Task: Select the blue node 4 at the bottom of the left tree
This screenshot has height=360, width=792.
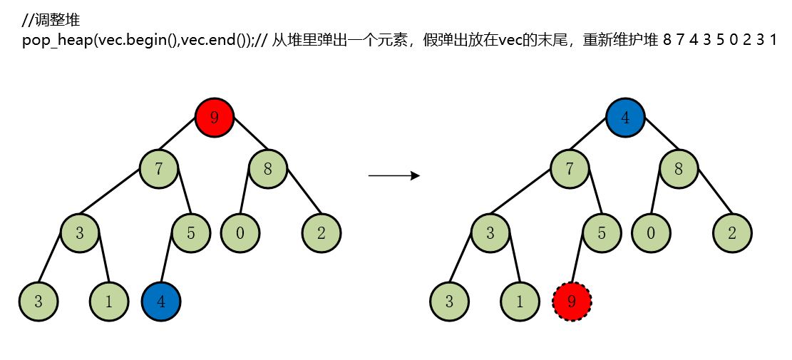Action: [162, 301]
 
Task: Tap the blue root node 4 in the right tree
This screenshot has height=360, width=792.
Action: [625, 118]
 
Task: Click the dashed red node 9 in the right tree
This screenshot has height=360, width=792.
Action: [572, 301]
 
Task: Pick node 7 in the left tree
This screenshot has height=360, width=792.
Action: [159, 170]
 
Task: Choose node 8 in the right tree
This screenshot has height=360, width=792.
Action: [679, 170]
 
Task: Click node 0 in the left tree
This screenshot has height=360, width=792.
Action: [240, 232]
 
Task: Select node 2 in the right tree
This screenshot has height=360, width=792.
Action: [732, 232]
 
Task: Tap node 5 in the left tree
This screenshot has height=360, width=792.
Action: [192, 232]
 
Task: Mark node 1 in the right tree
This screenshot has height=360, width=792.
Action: [520, 301]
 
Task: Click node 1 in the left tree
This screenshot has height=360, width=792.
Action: [108, 301]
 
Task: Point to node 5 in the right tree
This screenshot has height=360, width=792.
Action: [602, 232]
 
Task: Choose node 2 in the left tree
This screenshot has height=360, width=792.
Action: [322, 232]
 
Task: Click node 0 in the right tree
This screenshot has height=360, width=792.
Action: [651, 232]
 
